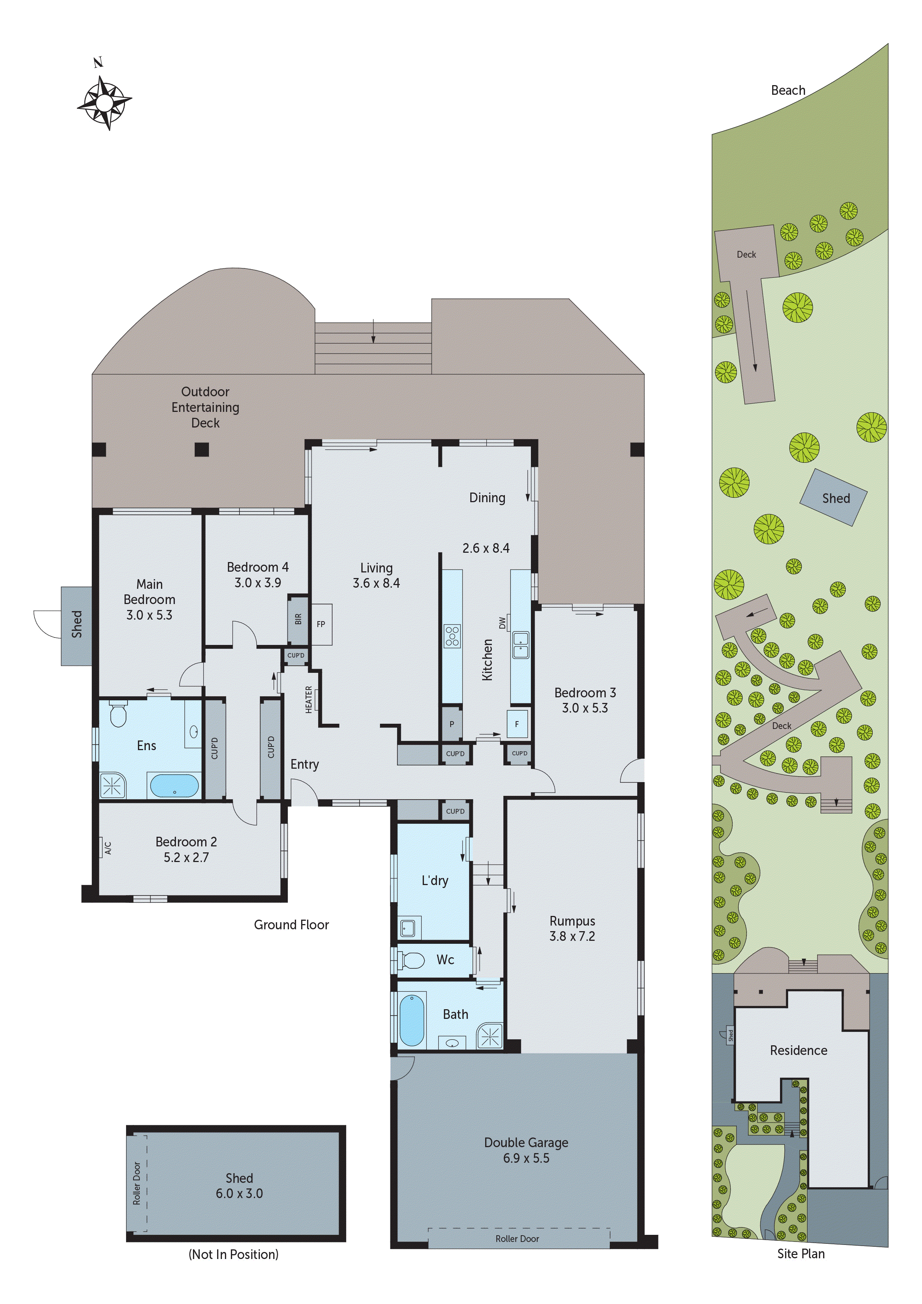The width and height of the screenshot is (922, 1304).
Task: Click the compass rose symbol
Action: point(104,102)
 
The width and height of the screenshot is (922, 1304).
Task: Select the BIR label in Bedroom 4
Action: point(298,619)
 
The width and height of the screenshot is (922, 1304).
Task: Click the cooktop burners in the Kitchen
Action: point(452,636)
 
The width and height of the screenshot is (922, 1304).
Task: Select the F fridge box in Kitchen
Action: point(517,724)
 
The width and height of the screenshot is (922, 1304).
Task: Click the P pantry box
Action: point(452,724)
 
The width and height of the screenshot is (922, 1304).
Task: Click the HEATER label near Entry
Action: point(309,699)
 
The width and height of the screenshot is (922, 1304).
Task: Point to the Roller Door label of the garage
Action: point(517,1239)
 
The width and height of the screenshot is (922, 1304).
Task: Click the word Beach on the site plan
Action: point(787,90)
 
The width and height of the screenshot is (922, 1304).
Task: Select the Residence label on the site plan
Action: point(798,1050)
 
